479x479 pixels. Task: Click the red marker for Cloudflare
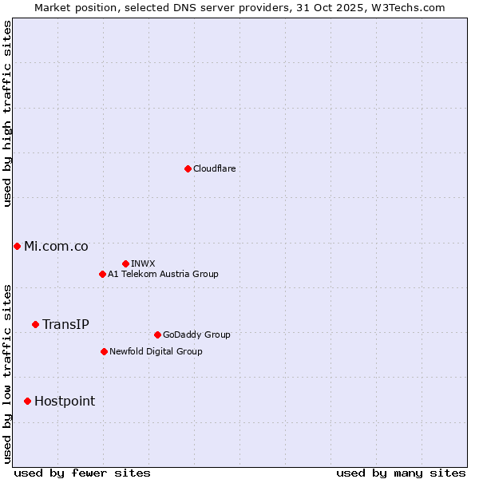(188, 168)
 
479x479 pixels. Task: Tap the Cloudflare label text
(215, 168)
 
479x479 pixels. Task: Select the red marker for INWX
(125, 263)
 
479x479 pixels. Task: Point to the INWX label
(143, 263)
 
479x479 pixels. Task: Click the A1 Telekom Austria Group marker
(102, 274)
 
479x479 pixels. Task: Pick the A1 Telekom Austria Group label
(163, 274)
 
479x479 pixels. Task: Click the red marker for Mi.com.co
(17, 246)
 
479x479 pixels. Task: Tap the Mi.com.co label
(56, 246)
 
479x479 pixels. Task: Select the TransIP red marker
(35, 324)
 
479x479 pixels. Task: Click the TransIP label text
(65, 324)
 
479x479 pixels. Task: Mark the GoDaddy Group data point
(157, 335)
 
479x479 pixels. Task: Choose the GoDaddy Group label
(196, 335)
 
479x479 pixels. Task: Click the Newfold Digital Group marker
(104, 351)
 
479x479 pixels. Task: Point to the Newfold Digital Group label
(156, 351)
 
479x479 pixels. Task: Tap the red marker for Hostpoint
(27, 401)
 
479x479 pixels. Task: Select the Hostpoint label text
(65, 401)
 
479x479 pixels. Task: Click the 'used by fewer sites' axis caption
(82, 473)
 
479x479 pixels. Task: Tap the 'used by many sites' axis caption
(401, 473)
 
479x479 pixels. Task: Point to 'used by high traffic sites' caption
(7, 113)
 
